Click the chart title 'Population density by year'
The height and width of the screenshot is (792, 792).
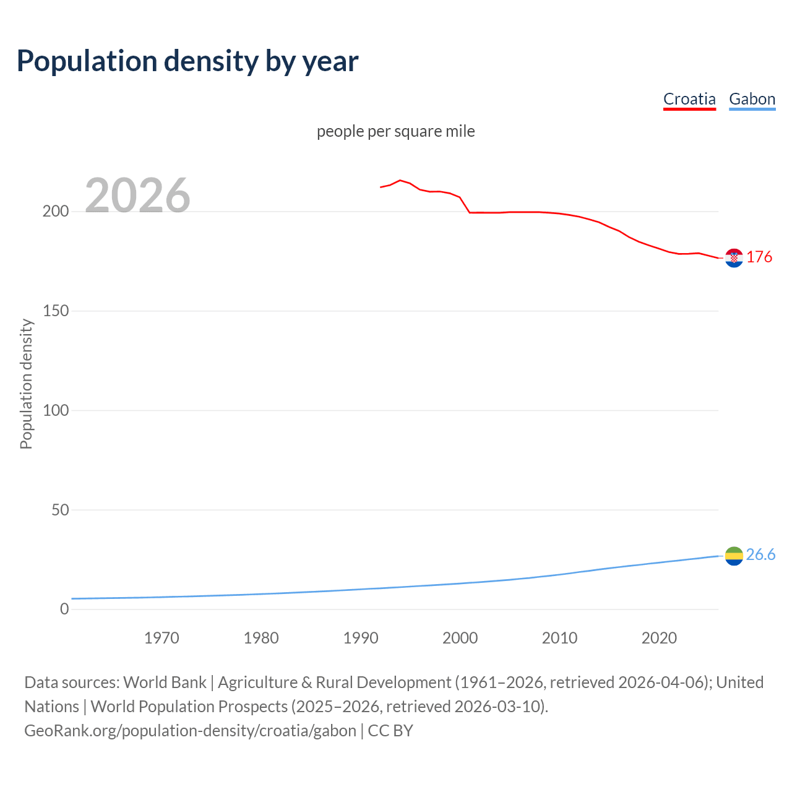[x=187, y=61]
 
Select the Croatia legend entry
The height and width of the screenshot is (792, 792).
[x=689, y=99]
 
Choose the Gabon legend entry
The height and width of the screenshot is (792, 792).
[x=752, y=99]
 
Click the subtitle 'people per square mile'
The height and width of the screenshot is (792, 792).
[x=396, y=131]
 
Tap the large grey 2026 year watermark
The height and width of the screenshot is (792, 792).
[x=137, y=196]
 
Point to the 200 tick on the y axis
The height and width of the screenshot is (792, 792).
[x=56, y=212]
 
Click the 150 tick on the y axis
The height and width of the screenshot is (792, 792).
[x=56, y=311]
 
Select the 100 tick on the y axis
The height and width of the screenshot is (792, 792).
[x=56, y=410]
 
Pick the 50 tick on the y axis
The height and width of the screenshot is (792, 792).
[x=59, y=510]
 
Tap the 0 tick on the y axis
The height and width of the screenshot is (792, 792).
[x=64, y=609]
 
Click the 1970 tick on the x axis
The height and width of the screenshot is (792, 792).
[x=161, y=638]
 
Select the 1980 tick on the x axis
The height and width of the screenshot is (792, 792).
[x=261, y=638]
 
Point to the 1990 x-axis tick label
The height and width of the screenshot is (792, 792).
[x=361, y=638]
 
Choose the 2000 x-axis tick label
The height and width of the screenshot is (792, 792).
[x=460, y=638]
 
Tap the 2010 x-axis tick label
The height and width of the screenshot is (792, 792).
[x=559, y=638]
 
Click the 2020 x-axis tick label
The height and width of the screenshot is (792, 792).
[x=659, y=638]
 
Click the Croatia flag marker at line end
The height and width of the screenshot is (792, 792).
[x=734, y=258]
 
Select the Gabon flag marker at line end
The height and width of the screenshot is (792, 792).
[x=734, y=556]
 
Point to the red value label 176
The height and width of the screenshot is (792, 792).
[x=759, y=257]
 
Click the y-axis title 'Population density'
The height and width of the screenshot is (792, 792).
[x=26, y=384]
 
